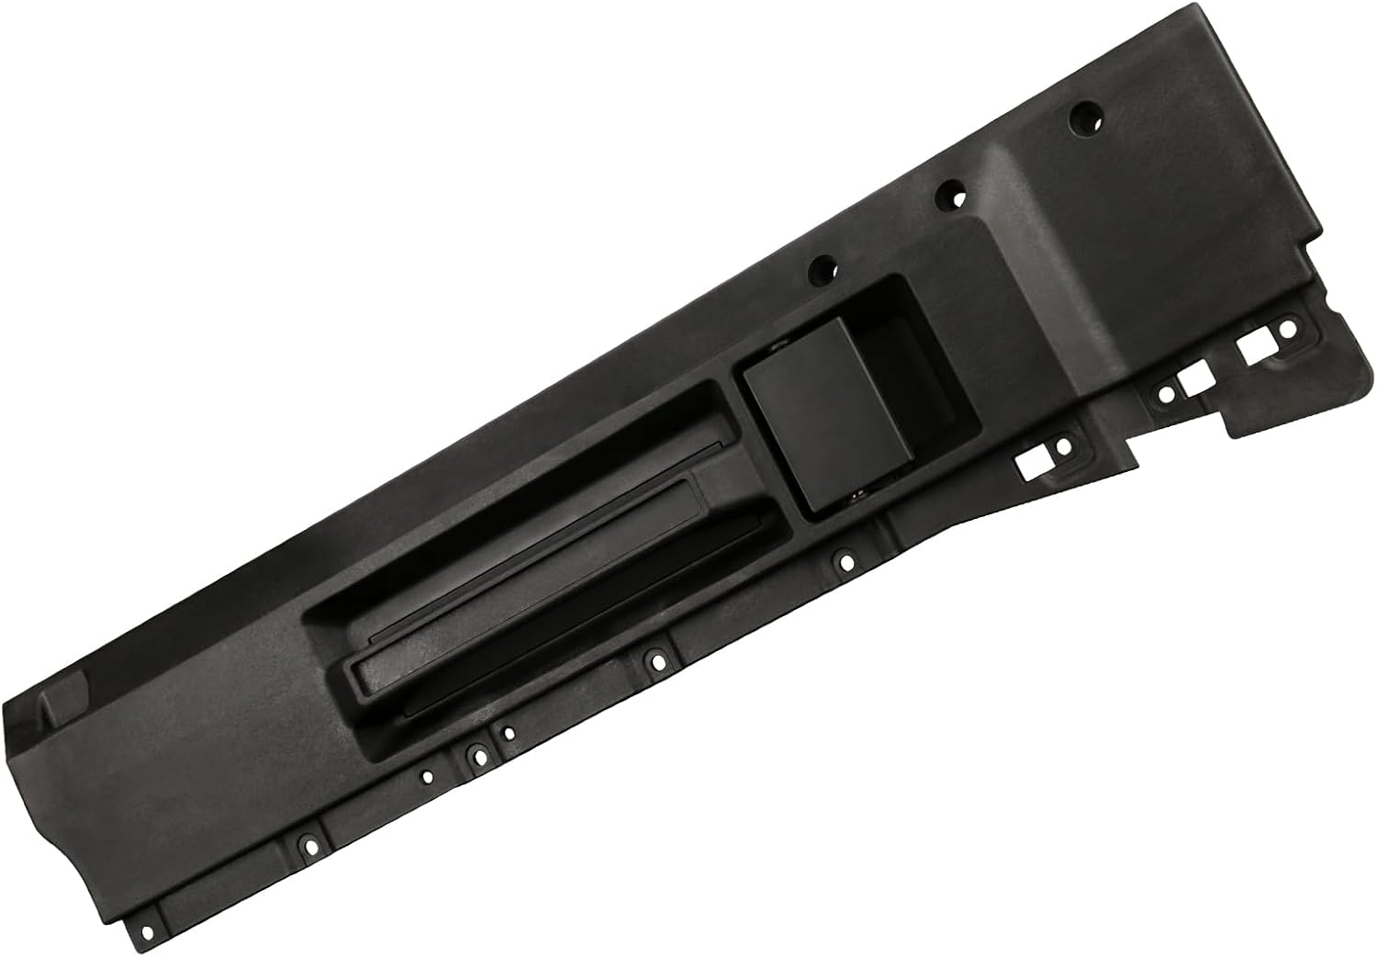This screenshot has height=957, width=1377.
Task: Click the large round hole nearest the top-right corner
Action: [x=1084, y=118]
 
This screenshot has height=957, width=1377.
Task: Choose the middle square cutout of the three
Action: [x=1193, y=382]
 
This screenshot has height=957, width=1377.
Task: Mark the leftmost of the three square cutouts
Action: [x=1033, y=463]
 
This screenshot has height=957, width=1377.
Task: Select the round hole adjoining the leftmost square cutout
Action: [x=1062, y=447]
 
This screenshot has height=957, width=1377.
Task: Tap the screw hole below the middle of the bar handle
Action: [x=653, y=658]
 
